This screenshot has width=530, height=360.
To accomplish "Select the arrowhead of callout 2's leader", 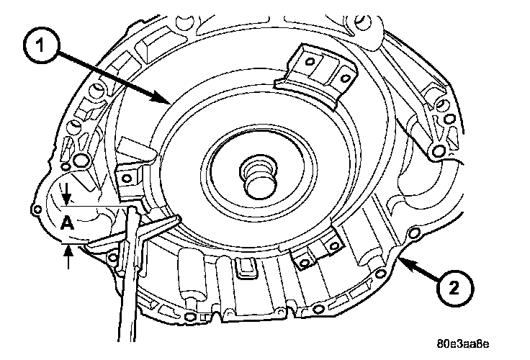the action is coord(400,257).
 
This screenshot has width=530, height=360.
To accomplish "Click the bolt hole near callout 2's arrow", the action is coord(412,233).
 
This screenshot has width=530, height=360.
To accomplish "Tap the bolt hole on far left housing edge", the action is coord(37,209).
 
